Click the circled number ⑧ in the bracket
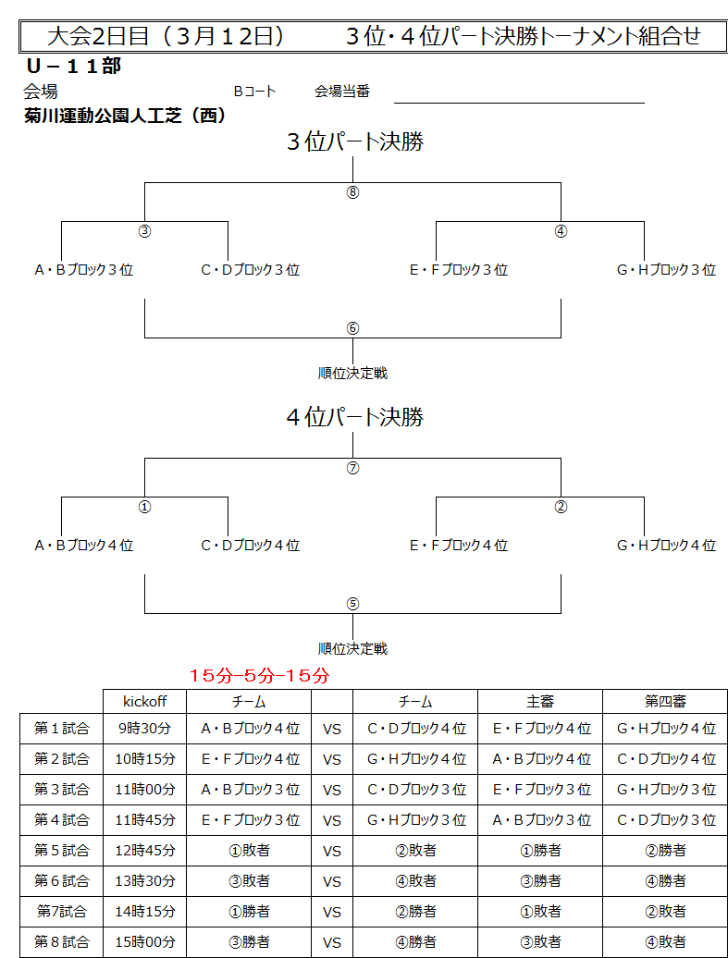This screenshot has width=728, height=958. point(352,192)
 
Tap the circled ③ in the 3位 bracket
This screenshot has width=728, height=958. point(145,231)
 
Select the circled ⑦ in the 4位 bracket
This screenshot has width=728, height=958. point(352,468)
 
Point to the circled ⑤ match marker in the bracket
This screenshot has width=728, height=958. point(352,604)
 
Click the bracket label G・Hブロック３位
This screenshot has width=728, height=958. point(666,269)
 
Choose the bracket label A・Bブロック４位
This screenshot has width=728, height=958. point(84,545)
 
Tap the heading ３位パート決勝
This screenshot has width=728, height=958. point(355,141)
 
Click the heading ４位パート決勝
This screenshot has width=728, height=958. point(355,417)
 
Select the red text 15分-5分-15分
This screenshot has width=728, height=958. point(259,676)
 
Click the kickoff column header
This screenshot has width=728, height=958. point(145,701)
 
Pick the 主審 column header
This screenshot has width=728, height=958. point(540,702)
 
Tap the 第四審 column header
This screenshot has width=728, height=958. point(665,702)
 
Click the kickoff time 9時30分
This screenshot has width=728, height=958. point(145,729)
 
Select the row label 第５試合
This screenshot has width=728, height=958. point(62,850)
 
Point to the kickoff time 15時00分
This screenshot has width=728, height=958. point(145,941)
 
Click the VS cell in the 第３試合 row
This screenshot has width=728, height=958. point(332,790)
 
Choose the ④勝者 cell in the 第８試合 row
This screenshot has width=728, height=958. point(415,941)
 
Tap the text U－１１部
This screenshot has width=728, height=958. point(74,66)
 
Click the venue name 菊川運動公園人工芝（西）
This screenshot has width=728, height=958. point(125,117)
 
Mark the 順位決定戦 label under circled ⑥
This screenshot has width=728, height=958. point(352,374)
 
